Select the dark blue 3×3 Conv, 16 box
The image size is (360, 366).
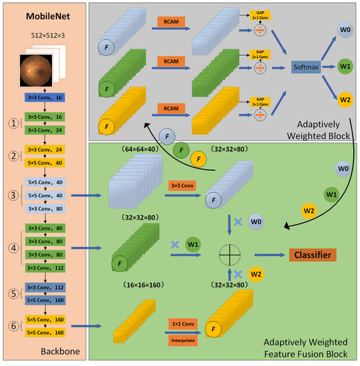(44, 97)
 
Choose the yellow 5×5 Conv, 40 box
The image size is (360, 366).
(44, 162)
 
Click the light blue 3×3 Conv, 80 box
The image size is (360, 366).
(44, 209)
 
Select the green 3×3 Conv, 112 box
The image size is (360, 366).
(44, 268)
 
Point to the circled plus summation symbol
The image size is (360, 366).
(230, 254)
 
